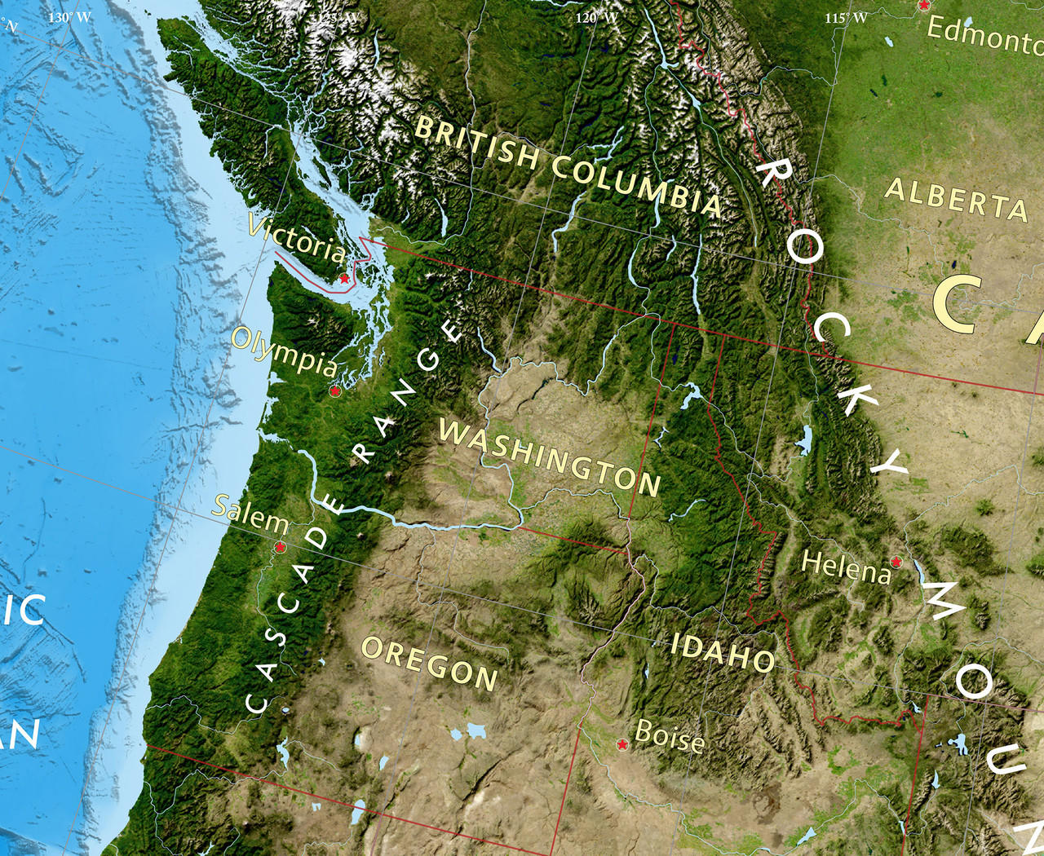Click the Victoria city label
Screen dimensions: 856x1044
(x=297, y=238)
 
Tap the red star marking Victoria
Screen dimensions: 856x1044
(x=344, y=279)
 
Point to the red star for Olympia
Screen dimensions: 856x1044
(x=334, y=391)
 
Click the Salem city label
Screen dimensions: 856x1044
(x=250, y=513)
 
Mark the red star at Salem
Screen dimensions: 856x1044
(x=280, y=546)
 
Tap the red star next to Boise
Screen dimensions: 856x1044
(x=622, y=744)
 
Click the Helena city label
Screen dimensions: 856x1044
(x=847, y=566)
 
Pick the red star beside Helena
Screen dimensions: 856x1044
(x=896, y=562)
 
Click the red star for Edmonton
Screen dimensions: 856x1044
(x=923, y=6)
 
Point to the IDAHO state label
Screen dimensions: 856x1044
(x=723, y=651)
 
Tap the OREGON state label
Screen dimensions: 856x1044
(x=429, y=663)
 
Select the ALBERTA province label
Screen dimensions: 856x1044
(x=957, y=198)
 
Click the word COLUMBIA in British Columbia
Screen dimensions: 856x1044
(x=636, y=184)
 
